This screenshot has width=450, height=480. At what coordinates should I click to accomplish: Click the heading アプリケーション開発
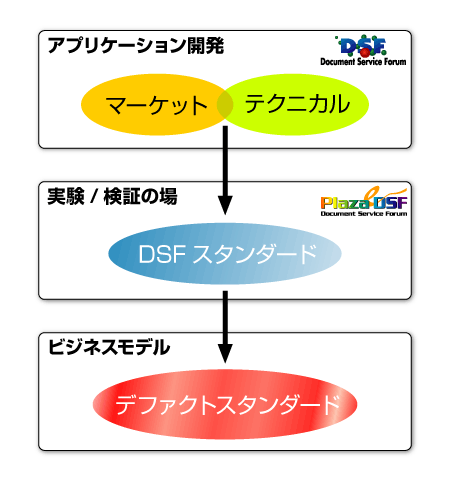click(136, 46)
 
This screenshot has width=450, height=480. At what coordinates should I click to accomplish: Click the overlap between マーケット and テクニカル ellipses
click(225, 104)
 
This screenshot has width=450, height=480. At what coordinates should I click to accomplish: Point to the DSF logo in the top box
click(363, 50)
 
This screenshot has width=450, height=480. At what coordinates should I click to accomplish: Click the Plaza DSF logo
click(364, 202)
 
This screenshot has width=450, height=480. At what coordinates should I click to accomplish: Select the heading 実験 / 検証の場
click(112, 196)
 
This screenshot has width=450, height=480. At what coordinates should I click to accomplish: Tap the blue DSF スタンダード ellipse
click(225, 254)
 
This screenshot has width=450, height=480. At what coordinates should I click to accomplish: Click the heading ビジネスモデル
click(109, 347)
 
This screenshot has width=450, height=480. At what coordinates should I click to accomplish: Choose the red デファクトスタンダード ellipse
click(225, 404)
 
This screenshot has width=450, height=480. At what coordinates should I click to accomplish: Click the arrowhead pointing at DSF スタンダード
click(225, 206)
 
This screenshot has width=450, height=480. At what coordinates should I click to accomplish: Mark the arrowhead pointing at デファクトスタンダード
click(225, 353)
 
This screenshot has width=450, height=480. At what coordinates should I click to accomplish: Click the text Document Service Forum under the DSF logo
click(363, 62)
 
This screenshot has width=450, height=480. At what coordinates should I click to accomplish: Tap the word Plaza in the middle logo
click(345, 203)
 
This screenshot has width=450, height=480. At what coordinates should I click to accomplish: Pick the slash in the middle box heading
click(94, 197)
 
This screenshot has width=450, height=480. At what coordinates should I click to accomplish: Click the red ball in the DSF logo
click(366, 52)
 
